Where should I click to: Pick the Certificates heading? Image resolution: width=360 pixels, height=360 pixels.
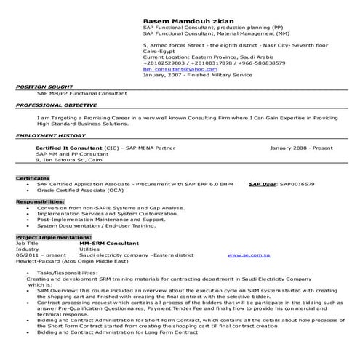click(33, 178)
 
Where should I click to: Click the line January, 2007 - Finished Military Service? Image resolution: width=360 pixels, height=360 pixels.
click(196, 74)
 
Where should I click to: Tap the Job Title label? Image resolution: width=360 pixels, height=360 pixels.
click(27, 243)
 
